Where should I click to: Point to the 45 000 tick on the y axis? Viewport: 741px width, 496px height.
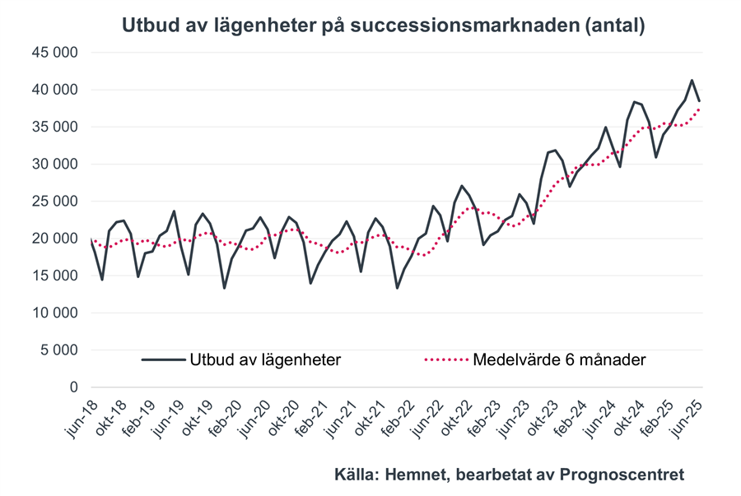pyautogui.click(x=54, y=53)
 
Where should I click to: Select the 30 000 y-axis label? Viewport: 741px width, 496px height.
pyautogui.click(x=54, y=165)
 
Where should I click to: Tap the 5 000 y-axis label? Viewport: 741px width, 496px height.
pyautogui.click(x=59, y=350)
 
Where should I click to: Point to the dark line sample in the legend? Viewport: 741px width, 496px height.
pyautogui.click(x=162, y=359)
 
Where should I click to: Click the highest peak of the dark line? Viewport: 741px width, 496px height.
pyautogui.click(x=692, y=81)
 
